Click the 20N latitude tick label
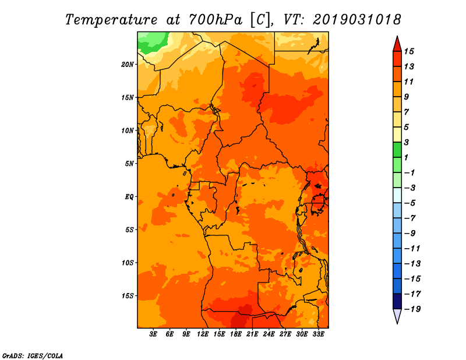(x=128, y=65)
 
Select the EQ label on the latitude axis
(x=129, y=197)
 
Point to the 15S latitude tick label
(x=128, y=296)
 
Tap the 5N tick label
(x=129, y=164)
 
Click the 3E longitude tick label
(x=153, y=334)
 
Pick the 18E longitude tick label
(x=236, y=334)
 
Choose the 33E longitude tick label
(x=318, y=334)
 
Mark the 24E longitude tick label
(x=269, y=334)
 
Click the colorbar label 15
(x=409, y=51)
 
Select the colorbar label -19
(x=412, y=309)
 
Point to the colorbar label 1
(x=406, y=157)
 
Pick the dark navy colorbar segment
(x=397, y=301)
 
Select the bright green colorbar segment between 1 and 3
(x=397, y=150)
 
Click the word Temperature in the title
(x=111, y=20)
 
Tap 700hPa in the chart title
(x=216, y=20)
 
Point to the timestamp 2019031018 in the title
(x=357, y=20)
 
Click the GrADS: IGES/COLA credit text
(x=33, y=356)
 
